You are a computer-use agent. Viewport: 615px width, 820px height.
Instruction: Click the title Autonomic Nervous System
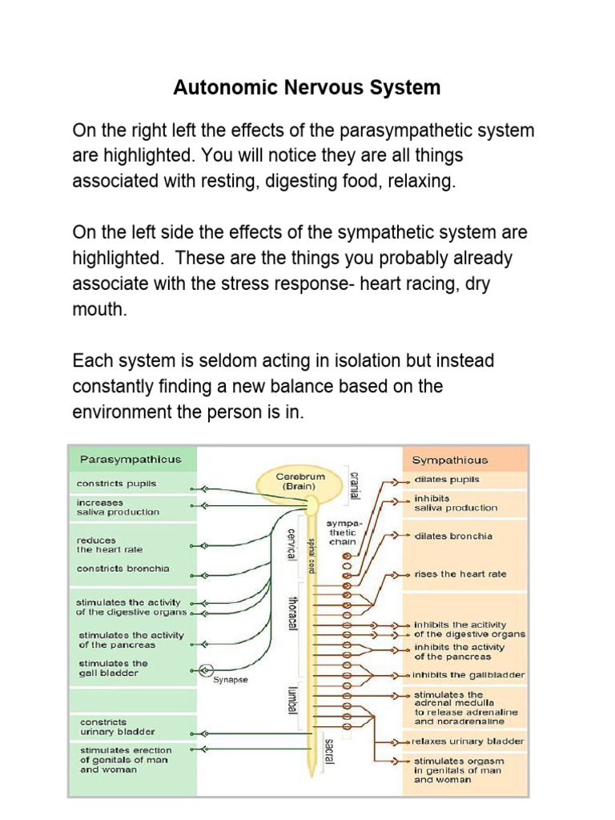pyautogui.click(x=307, y=87)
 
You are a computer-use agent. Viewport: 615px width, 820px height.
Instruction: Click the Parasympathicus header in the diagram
pyautogui.click(x=131, y=460)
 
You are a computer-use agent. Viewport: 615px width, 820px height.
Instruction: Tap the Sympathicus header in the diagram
pyautogui.click(x=449, y=460)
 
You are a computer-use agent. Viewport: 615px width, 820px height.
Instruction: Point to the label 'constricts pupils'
pyautogui.click(x=116, y=484)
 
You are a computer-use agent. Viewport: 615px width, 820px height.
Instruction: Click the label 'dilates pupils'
pyautogui.click(x=447, y=480)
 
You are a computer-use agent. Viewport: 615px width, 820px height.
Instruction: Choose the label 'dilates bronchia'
pyautogui.click(x=453, y=536)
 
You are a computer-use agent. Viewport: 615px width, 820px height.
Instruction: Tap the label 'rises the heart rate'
pyautogui.click(x=460, y=574)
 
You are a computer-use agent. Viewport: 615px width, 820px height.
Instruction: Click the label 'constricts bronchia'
pyautogui.click(x=123, y=569)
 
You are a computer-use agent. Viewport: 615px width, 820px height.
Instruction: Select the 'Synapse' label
pyautogui.click(x=231, y=680)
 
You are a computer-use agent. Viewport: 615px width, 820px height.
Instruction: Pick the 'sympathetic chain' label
pyautogui.click(x=342, y=533)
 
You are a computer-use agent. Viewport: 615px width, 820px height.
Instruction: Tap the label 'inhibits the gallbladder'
pyautogui.click(x=469, y=675)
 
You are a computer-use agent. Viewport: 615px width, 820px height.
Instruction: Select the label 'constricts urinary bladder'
pyautogui.click(x=117, y=726)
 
